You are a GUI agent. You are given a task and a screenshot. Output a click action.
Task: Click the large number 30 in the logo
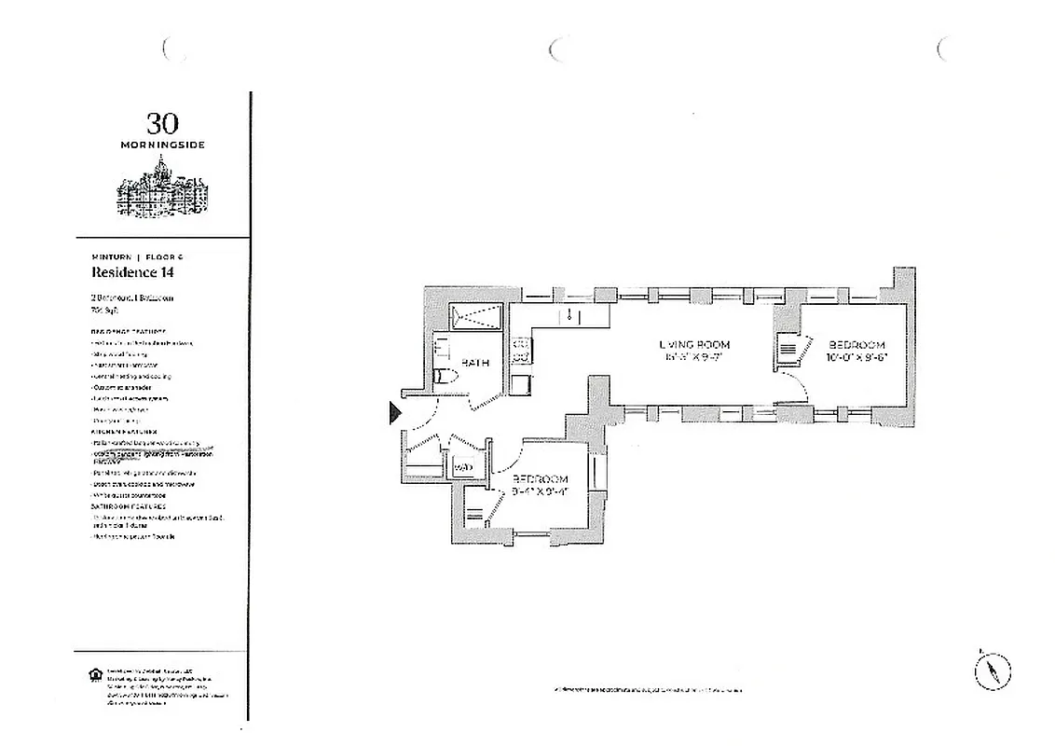point(161,123)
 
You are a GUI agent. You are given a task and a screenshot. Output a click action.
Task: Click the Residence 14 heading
point(132,273)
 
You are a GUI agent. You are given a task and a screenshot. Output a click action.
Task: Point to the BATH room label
point(475,363)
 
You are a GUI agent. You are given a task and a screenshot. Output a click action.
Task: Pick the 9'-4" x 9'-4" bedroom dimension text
point(540,490)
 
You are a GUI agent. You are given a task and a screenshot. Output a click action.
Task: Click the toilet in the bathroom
point(445,377)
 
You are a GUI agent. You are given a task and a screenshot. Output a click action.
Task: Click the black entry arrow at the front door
point(395,411)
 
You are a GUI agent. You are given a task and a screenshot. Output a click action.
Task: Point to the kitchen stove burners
point(521,350)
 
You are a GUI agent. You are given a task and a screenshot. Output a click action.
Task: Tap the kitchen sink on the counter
point(569,317)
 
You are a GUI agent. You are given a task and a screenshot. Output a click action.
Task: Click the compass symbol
point(993,670)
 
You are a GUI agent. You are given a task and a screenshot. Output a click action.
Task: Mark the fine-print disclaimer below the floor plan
point(649,690)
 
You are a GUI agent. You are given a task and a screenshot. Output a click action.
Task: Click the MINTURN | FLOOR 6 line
point(137,256)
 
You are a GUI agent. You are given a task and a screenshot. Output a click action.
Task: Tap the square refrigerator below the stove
point(520,382)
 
